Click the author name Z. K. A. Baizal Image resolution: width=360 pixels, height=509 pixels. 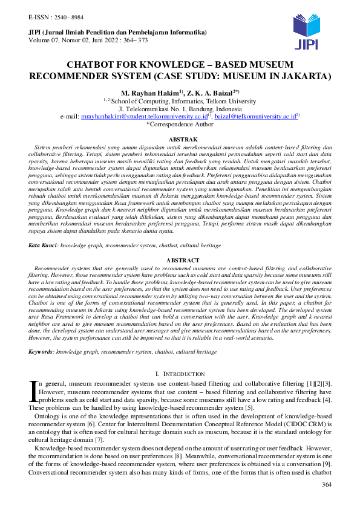coord(205,92)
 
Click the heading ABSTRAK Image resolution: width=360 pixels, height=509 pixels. coord(180,140)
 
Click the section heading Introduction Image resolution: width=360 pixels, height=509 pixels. coord(183,375)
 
